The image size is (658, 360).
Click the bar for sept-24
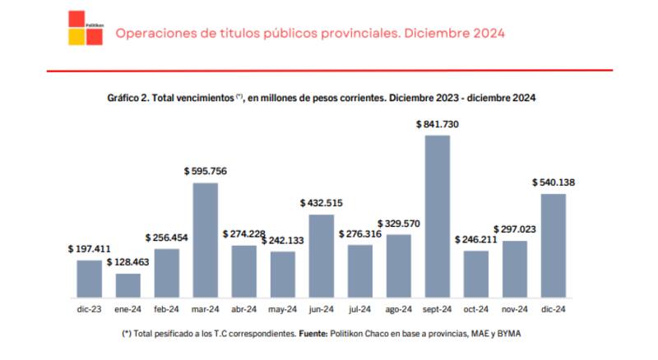click(438, 216)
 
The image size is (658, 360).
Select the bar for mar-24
click(205, 239)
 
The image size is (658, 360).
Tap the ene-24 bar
click(127, 284)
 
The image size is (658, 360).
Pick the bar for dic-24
click(554, 245)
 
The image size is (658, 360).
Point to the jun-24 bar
click(321, 256)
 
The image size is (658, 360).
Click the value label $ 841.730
click(438, 124)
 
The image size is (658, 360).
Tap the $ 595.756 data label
click(205, 171)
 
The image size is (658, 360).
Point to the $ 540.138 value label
click(554, 182)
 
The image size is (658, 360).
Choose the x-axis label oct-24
click(476, 309)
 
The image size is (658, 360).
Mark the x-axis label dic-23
click(88, 309)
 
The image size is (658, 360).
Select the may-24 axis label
click(282, 309)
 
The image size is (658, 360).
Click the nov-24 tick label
click(515, 309)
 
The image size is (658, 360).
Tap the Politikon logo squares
click(86, 28)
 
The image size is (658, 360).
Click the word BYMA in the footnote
click(507, 335)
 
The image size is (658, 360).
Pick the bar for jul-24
click(359, 270)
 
